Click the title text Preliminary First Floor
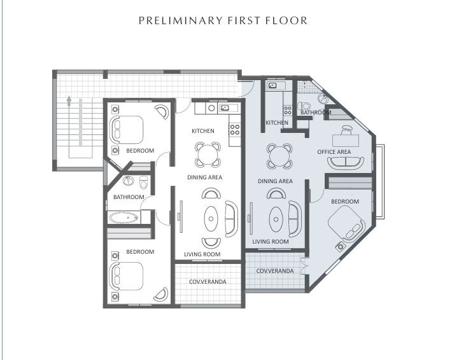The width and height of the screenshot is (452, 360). click(223, 21)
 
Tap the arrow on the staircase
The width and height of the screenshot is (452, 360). click(69, 101)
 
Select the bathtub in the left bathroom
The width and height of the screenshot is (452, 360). click(124, 218)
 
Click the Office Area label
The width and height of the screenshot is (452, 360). click(334, 152)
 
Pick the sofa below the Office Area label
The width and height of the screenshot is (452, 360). click(345, 163)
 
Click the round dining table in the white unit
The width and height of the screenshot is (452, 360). click(208, 155)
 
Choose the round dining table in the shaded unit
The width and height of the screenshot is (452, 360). click(279, 156)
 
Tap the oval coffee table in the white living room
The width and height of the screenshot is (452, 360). click(211, 219)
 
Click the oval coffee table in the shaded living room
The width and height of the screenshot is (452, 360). click(276, 219)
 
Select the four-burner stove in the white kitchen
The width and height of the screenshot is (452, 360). click(235, 129)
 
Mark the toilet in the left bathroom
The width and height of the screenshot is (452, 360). click(143, 183)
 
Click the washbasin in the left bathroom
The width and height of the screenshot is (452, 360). click(128, 181)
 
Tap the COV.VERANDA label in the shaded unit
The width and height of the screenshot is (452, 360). click(275, 271)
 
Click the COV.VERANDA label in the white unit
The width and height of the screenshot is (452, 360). click(208, 281)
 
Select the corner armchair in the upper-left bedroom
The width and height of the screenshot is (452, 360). click(162, 111)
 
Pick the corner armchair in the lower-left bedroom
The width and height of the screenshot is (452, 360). click(161, 294)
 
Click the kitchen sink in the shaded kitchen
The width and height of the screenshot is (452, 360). click(272, 85)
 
